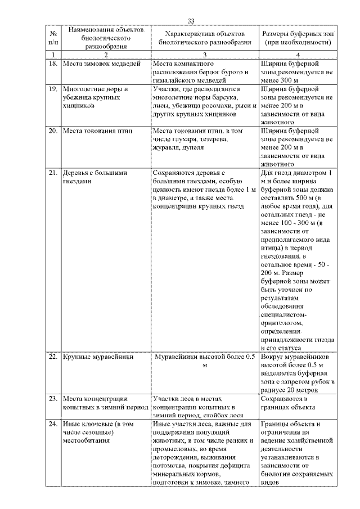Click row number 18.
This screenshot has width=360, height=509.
(52, 64)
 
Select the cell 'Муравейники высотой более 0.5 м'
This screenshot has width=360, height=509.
(205, 361)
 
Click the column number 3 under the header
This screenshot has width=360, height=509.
(204, 54)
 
